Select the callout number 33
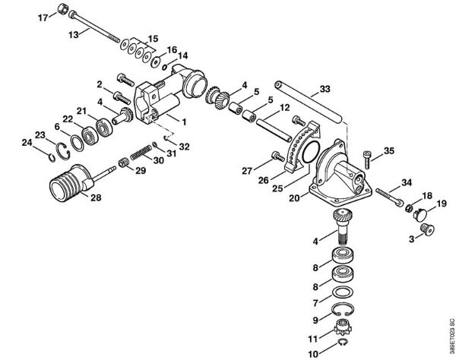click(325, 90)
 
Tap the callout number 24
click(26, 141)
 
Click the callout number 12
click(284, 109)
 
